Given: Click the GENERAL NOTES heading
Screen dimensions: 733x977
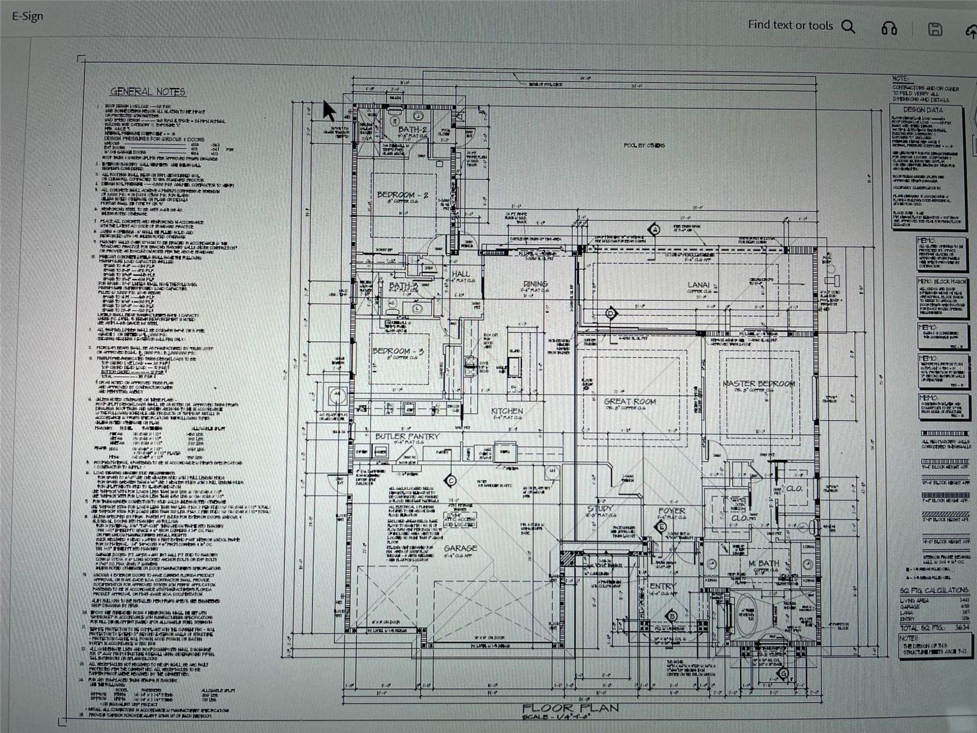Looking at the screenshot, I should [x=148, y=92].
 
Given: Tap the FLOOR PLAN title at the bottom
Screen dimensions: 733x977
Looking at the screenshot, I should [x=570, y=708].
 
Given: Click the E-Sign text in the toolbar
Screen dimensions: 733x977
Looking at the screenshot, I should [x=28, y=16].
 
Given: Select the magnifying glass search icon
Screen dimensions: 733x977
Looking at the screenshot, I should [x=848, y=26].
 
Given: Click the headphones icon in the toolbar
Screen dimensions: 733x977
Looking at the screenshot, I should [x=889, y=28].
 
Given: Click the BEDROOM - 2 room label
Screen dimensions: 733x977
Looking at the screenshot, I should [x=402, y=195].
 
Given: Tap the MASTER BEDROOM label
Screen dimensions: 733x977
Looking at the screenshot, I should [x=758, y=384].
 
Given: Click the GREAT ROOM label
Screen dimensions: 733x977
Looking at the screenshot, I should [x=630, y=401].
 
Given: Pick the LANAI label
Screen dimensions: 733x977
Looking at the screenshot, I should [x=699, y=285].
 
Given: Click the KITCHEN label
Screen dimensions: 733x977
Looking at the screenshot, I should [x=507, y=411].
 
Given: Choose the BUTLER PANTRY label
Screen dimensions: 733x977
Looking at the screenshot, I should [x=407, y=436].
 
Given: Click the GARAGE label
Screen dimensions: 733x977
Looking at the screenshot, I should [x=460, y=549].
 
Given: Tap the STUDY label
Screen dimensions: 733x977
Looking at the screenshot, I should [x=600, y=508].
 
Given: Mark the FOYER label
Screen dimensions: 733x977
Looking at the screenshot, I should [x=672, y=511].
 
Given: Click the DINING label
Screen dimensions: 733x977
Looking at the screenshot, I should [x=536, y=284].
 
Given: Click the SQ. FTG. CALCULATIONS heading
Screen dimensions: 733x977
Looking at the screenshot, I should [x=934, y=590].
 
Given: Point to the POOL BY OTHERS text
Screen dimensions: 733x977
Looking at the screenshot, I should [x=644, y=145].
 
